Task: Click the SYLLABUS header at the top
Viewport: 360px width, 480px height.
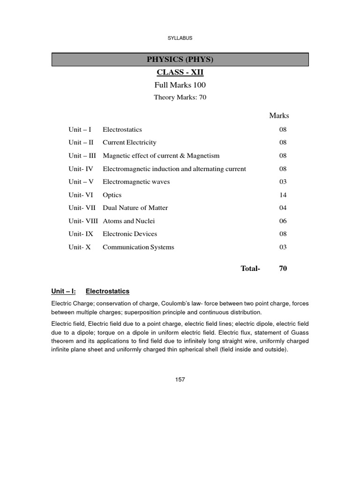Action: pyautogui.click(x=180, y=38)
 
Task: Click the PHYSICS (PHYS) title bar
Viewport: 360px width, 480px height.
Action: pyautogui.click(x=180, y=60)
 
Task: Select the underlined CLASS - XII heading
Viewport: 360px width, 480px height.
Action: pyautogui.click(x=180, y=73)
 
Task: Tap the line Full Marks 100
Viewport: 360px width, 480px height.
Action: pyautogui.click(x=180, y=85)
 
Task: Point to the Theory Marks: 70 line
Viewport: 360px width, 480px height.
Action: pyautogui.click(x=180, y=97)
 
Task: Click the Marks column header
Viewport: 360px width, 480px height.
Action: pyautogui.click(x=279, y=116)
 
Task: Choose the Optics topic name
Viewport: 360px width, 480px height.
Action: pyautogui.click(x=112, y=195)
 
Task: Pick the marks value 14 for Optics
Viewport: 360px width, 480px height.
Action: pyautogui.click(x=283, y=195)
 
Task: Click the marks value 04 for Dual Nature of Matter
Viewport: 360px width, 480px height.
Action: pyautogui.click(x=283, y=208)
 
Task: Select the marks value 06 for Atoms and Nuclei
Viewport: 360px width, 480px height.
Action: pyautogui.click(x=283, y=221)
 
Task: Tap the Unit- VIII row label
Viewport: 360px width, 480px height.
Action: pyautogui.click(x=83, y=221)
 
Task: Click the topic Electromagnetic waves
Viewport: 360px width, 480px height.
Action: pyautogui.click(x=136, y=182)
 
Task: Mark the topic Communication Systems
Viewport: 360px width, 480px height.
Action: pyautogui.click(x=138, y=247)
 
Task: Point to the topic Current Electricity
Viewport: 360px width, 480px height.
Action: pyautogui.click(x=129, y=142)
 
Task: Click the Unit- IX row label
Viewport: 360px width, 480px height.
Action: pyautogui.click(x=81, y=234)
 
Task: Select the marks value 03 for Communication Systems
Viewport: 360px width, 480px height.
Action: pyautogui.click(x=283, y=247)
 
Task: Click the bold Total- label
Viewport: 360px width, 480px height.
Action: pyautogui.click(x=250, y=269)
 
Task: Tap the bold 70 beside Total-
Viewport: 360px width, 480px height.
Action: pyautogui.click(x=283, y=269)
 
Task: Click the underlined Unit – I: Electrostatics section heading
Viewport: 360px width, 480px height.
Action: pyautogui.click(x=90, y=291)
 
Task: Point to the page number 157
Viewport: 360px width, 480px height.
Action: pyautogui.click(x=180, y=380)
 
